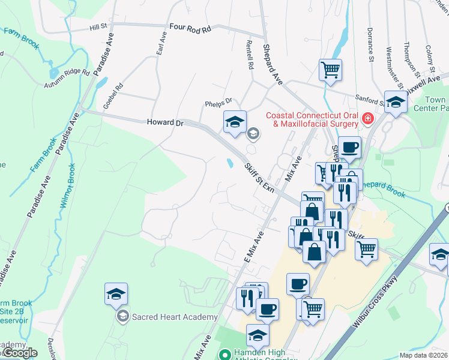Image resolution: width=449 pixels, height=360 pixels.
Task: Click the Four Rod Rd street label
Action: [190, 28]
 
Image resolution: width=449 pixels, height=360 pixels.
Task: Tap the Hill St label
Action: [98, 27]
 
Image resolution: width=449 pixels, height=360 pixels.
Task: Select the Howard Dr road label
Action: [164, 122]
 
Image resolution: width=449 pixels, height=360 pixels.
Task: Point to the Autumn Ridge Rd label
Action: [67, 79]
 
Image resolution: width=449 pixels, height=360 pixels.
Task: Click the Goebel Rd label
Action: [113, 94]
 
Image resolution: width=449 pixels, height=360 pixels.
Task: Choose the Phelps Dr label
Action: [218, 103]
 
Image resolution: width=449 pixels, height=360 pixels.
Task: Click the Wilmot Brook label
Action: [68, 185]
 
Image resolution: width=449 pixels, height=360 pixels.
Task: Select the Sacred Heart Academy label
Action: [174, 317]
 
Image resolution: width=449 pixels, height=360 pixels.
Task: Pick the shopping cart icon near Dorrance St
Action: [330, 69]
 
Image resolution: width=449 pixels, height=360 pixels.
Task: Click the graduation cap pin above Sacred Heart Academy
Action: [116, 294]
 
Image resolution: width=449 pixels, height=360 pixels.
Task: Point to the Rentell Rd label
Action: [250, 53]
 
